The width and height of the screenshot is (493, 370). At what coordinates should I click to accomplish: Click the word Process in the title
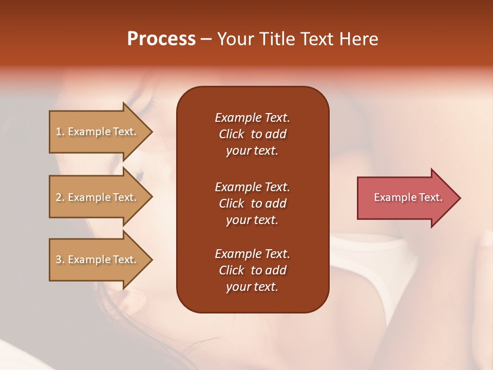coord(161,39)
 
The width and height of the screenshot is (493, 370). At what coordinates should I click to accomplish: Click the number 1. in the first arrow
coord(60,132)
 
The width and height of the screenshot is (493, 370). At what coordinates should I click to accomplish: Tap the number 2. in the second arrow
coord(60,197)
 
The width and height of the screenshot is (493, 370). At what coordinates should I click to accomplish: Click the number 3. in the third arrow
coord(60,260)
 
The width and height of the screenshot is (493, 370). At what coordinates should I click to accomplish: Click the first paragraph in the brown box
coord(252,134)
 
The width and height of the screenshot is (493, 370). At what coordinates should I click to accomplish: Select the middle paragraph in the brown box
coord(252,203)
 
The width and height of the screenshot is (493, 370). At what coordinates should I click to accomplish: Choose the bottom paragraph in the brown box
coord(252,270)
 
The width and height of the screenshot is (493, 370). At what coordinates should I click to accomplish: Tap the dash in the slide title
coord(206,40)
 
